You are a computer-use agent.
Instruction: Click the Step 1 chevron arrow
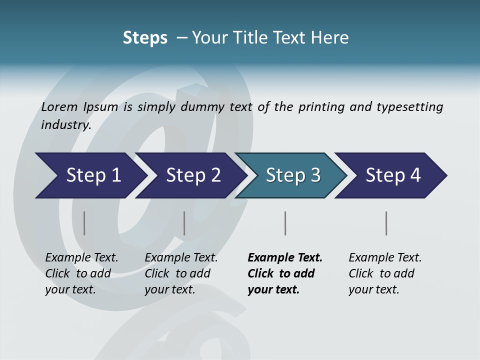pos(90,175)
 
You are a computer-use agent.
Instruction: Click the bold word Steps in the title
pos(145,38)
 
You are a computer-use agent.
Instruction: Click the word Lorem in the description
pos(58,107)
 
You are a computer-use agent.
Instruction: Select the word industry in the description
pos(65,125)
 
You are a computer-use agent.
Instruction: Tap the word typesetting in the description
pos(409,107)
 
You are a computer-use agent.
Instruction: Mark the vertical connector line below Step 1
pos(84,223)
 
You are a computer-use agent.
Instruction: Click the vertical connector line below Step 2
pos(184,223)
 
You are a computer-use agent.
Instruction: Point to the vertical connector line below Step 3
pos(285,223)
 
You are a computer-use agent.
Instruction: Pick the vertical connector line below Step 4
pos(386,223)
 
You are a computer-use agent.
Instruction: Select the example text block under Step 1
pos(81,273)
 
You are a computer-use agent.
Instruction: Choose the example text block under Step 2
pos(180,273)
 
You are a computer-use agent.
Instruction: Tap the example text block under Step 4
pos(384,273)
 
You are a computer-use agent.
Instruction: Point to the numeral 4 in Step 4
pos(415,175)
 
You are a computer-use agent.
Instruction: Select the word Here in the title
pos(332,38)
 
